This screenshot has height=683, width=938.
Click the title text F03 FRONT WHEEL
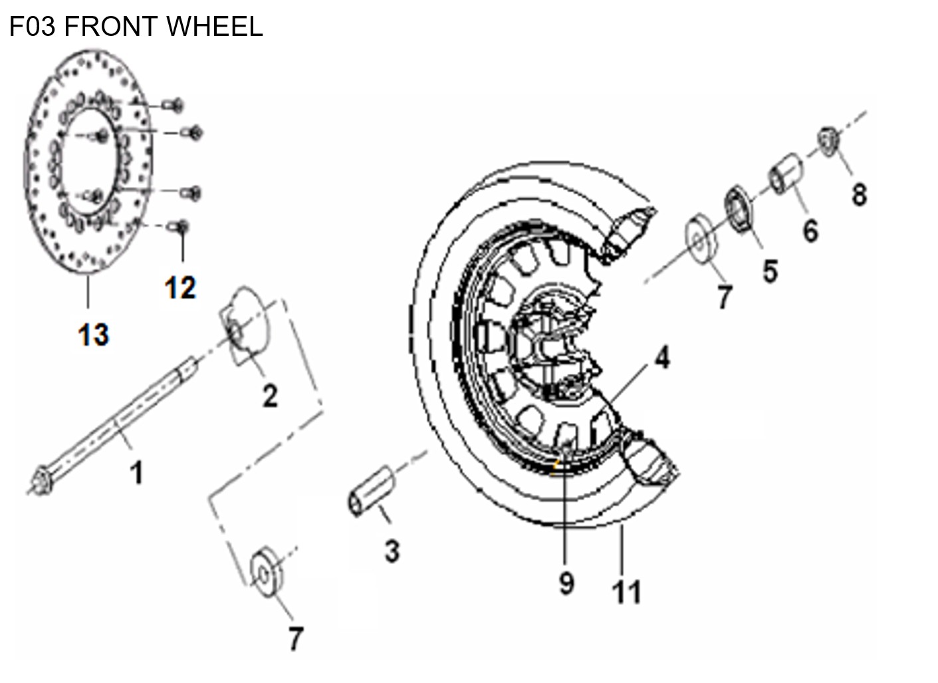coord(136,27)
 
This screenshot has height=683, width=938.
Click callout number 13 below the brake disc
coord(93,334)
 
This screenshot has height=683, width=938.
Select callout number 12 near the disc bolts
coord(180,288)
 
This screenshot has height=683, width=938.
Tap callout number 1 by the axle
coord(136,474)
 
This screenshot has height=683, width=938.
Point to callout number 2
coord(269,396)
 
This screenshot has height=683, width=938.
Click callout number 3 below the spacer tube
coord(392,551)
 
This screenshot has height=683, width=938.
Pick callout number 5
coord(770,271)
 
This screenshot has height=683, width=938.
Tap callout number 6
coord(810,231)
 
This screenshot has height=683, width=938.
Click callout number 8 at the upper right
coord(859,195)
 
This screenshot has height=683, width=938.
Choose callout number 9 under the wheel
coord(566,583)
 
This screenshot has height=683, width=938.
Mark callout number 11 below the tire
coord(626,591)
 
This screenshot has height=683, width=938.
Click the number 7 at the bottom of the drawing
coord(295,638)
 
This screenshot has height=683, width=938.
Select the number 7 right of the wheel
coord(724,297)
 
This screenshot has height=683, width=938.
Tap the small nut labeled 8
coord(827,141)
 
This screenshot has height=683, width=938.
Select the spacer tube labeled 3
coord(371,491)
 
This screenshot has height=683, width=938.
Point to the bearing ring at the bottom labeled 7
coord(266,571)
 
